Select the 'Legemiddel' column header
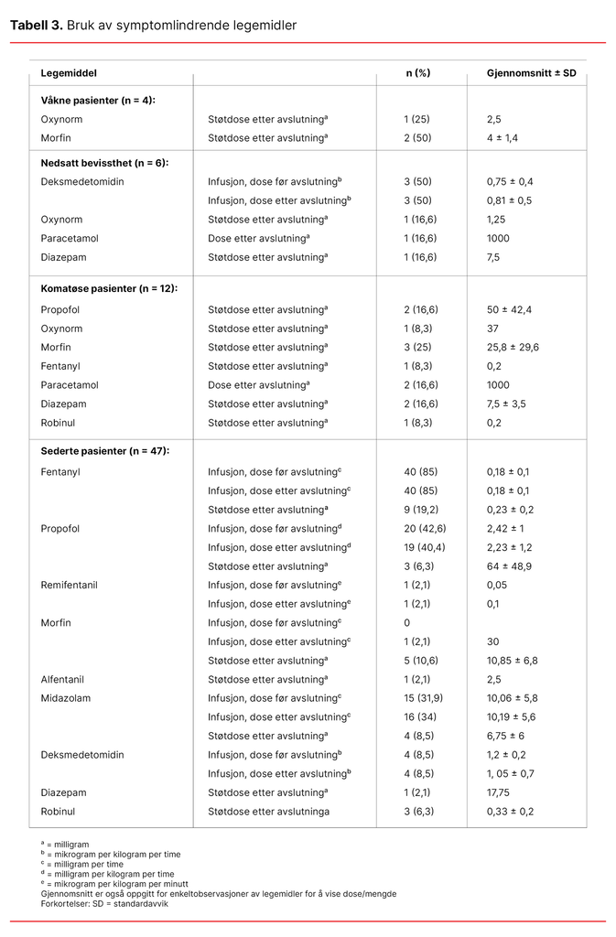pyautogui.click(x=69, y=72)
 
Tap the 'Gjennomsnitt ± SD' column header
pyautogui.click(x=531, y=72)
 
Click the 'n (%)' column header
pyautogui.click(x=417, y=72)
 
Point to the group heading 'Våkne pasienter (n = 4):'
pyautogui.click(x=98, y=100)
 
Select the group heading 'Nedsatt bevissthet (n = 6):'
pyautogui.click(x=104, y=162)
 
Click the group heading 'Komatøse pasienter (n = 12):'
pyautogui.click(x=109, y=288)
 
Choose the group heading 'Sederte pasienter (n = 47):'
pyautogui.click(x=105, y=451)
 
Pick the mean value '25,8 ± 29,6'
pyautogui.click(x=513, y=347)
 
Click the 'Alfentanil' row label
pyautogui.click(x=65, y=679)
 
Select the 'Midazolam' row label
pyautogui.click(x=66, y=698)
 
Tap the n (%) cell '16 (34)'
pyautogui.click(x=420, y=717)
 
